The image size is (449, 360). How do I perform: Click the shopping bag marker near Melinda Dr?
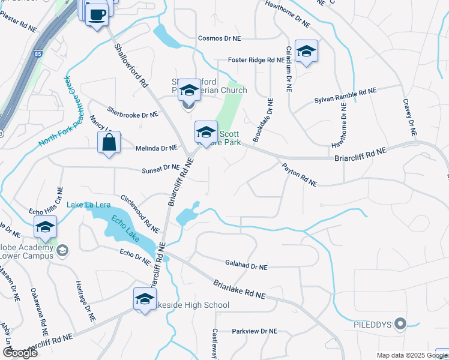[109, 143]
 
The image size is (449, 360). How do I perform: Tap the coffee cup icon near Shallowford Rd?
[96, 14]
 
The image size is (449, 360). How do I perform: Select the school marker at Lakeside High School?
[144, 299]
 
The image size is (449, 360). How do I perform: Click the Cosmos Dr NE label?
[219, 38]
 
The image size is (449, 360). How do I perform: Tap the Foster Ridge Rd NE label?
[256, 60]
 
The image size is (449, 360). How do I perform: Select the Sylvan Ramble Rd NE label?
[345, 95]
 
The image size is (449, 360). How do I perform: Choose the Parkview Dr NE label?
[255, 331]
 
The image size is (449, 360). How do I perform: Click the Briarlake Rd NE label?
[239, 289]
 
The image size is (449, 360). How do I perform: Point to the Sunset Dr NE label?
[161, 170]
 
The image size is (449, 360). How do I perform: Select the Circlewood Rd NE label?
[140, 213]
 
